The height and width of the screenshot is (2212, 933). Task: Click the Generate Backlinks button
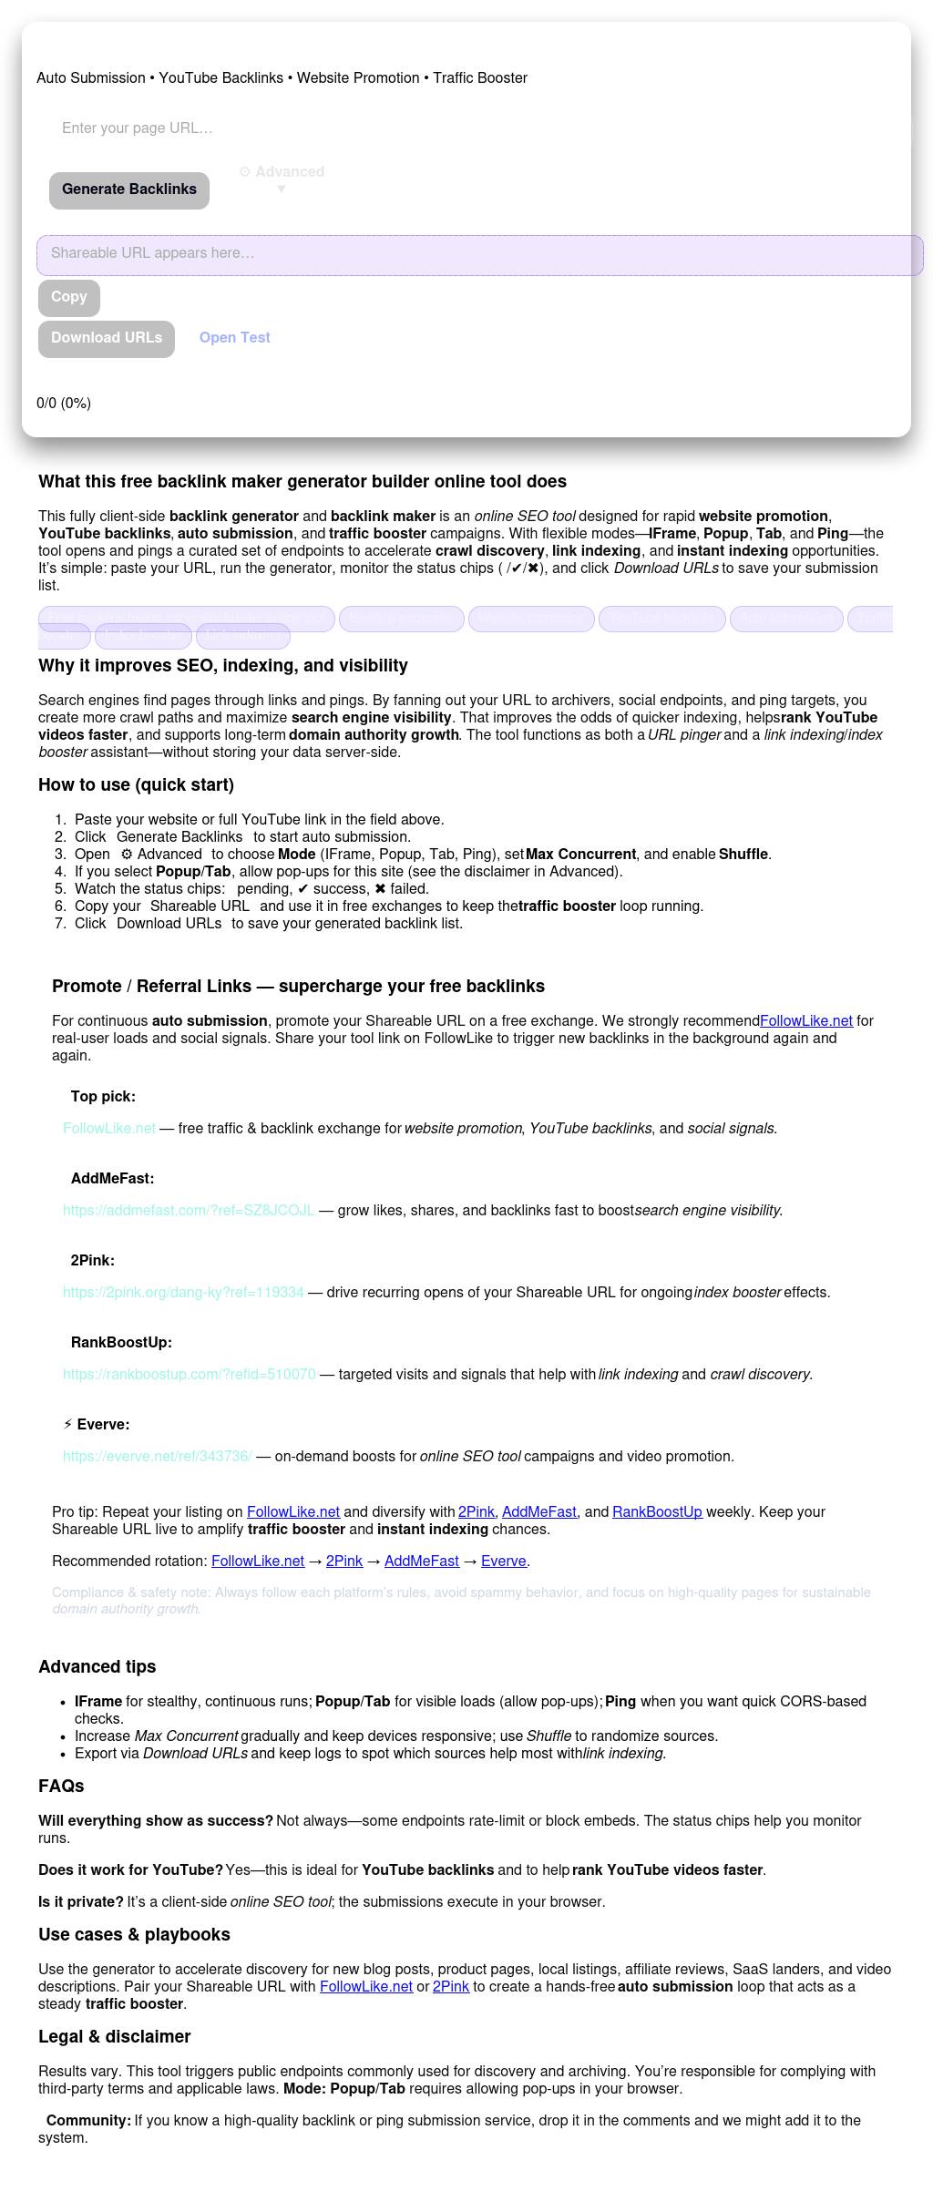(129, 189)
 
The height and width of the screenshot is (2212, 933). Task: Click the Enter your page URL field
(273, 128)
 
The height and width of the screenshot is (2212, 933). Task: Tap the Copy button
(69, 297)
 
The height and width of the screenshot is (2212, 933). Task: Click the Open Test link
(235, 338)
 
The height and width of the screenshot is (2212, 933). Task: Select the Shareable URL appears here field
(479, 254)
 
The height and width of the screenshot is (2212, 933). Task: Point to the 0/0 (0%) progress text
(64, 404)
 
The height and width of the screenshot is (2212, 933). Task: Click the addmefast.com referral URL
(189, 1211)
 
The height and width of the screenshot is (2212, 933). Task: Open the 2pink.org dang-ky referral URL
(183, 1293)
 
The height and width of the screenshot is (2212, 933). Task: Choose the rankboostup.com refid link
(190, 1375)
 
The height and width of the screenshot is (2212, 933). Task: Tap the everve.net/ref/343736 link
(158, 1457)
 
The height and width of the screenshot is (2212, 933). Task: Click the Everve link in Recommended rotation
(503, 1562)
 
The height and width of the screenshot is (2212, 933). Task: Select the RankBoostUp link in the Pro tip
(657, 1512)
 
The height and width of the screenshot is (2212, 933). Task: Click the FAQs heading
(61, 1787)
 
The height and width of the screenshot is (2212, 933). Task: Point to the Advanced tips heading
(97, 1667)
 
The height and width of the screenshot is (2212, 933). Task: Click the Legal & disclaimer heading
(115, 2037)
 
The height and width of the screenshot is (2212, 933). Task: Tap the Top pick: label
(103, 1097)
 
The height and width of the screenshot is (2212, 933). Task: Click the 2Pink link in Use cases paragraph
(451, 1987)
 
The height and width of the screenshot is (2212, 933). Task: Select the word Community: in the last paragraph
(88, 2121)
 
